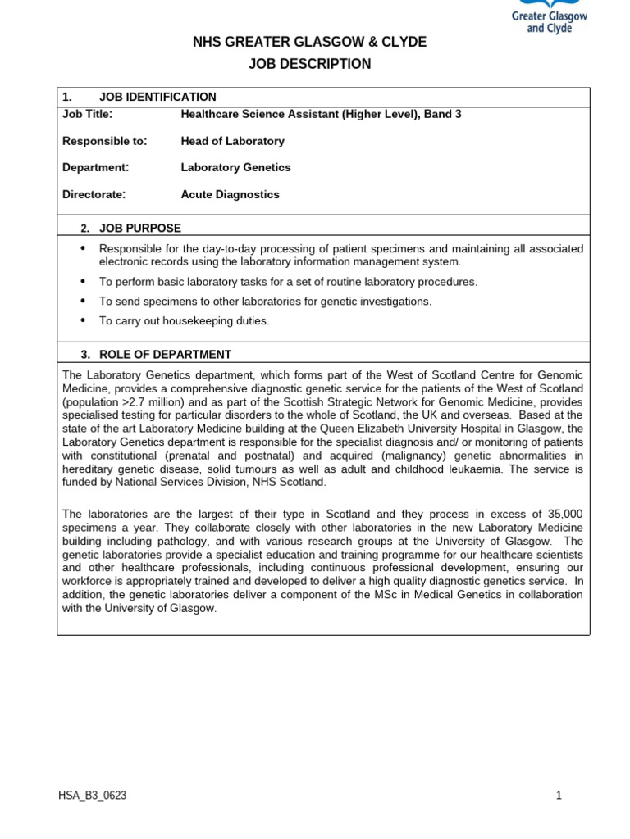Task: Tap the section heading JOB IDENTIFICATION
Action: (x=157, y=97)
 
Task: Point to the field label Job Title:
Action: (x=87, y=114)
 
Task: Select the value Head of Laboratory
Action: (x=232, y=141)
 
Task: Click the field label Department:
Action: (x=95, y=167)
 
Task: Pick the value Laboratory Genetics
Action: (x=235, y=167)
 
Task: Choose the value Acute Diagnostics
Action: (x=230, y=194)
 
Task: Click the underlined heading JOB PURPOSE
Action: (x=140, y=228)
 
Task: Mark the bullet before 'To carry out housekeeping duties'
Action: (x=83, y=320)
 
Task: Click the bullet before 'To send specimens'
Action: (x=83, y=301)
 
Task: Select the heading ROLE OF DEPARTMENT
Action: (x=165, y=355)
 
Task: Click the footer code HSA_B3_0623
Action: (x=92, y=796)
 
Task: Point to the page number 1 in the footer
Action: (x=559, y=796)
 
